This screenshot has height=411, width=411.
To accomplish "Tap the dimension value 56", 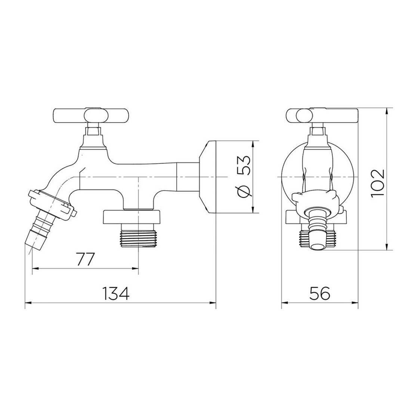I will (x=320, y=293).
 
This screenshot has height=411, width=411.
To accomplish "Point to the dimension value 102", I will (x=378, y=183).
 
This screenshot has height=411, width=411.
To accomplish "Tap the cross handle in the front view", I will (x=321, y=115).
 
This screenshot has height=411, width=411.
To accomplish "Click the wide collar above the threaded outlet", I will (x=133, y=216).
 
